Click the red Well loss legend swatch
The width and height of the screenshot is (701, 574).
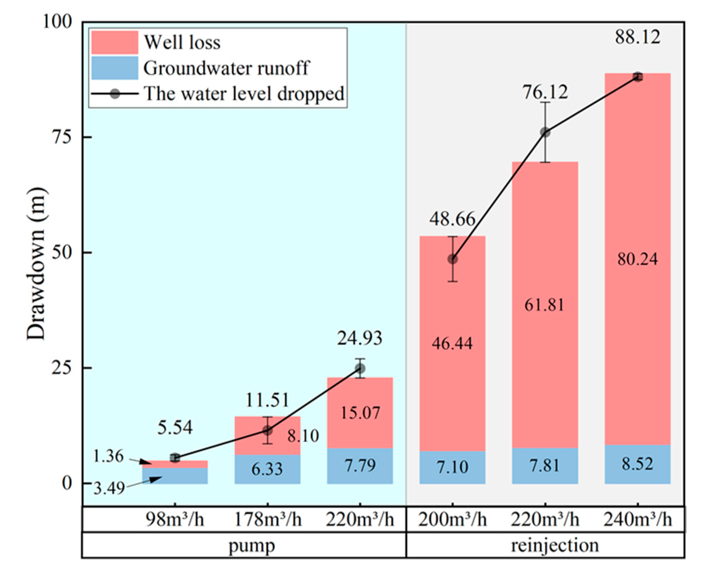point(114,42)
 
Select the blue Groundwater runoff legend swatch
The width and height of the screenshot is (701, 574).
point(114,68)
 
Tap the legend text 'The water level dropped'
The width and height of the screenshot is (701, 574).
point(244,94)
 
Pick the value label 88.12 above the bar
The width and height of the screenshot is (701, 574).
point(637,37)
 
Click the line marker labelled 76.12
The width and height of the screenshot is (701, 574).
point(545,133)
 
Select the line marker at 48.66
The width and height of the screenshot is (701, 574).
point(452,260)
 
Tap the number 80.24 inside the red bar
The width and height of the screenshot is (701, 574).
point(637,259)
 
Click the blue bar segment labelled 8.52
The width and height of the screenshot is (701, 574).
point(637,464)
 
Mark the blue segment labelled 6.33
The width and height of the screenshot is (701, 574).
point(267,469)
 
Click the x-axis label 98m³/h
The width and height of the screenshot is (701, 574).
point(175,520)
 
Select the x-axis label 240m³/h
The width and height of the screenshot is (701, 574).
point(637,520)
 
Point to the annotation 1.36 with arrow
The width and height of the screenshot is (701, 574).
point(108,456)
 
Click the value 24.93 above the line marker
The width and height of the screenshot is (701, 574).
point(360,338)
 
